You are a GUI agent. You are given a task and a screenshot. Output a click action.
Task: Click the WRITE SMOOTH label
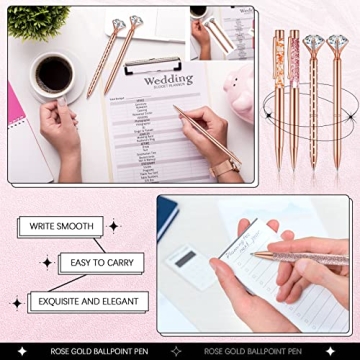click(62, 228)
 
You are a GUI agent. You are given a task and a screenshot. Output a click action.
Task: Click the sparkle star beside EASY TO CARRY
click(46, 263)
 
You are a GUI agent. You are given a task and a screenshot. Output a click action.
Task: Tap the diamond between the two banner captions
click(180, 351)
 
